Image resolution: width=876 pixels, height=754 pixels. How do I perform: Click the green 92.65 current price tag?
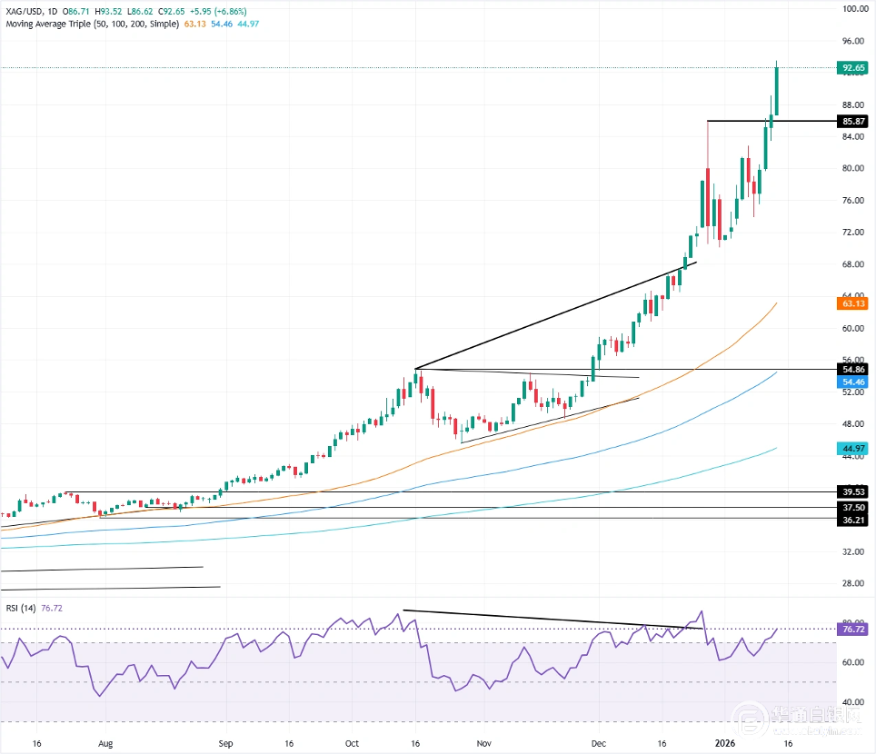[x=852, y=68]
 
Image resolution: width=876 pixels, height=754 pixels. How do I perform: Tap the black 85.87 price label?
[x=852, y=122]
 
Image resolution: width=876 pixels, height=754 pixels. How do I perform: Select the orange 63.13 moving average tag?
[x=852, y=304]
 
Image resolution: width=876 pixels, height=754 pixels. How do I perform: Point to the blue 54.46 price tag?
[x=852, y=382]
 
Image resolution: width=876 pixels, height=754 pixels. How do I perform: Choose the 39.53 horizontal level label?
[x=852, y=492]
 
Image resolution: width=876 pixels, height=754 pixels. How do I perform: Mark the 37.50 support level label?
[x=852, y=508]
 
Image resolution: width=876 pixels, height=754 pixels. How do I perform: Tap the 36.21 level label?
[x=852, y=519]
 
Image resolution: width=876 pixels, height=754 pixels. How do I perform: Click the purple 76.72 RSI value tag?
[x=852, y=629]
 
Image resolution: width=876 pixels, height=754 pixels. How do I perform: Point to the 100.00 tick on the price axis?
[x=852, y=9]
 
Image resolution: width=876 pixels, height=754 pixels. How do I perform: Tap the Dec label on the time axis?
[x=600, y=742]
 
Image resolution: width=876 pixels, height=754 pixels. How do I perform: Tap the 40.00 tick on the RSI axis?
[x=852, y=702]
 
